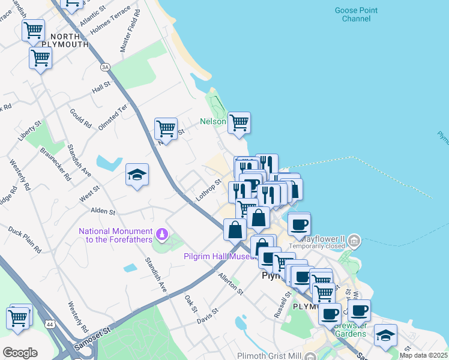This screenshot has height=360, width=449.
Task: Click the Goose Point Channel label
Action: [x=356, y=14]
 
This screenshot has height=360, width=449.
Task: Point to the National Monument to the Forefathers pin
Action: [x=161, y=233]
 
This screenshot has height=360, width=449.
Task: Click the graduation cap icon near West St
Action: [x=137, y=175]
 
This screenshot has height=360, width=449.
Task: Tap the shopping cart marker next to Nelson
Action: [x=239, y=122]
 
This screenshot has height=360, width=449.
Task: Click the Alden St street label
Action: [x=103, y=211]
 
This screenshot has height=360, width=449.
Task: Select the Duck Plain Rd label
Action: [x=25, y=239]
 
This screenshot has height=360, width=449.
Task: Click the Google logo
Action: [x=20, y=353]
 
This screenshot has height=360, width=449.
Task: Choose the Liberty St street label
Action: [x=29, y=131]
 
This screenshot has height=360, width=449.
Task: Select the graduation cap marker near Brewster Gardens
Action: [x=385, y=335]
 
